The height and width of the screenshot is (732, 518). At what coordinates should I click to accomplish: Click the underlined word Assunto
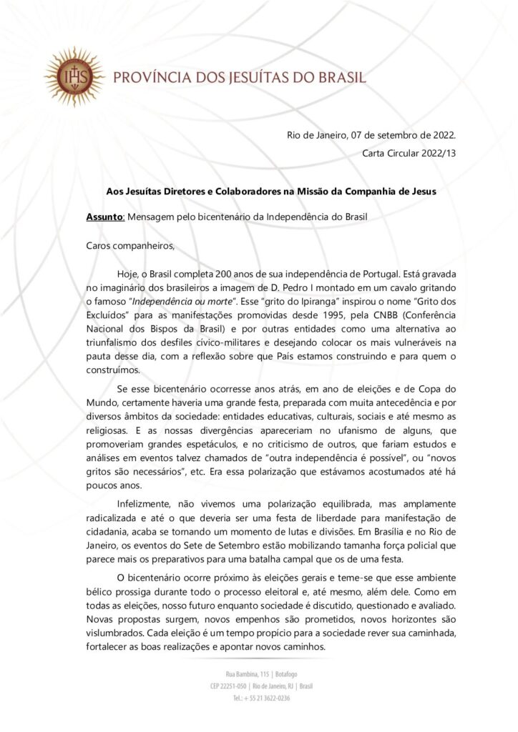[x=104, y=216]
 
